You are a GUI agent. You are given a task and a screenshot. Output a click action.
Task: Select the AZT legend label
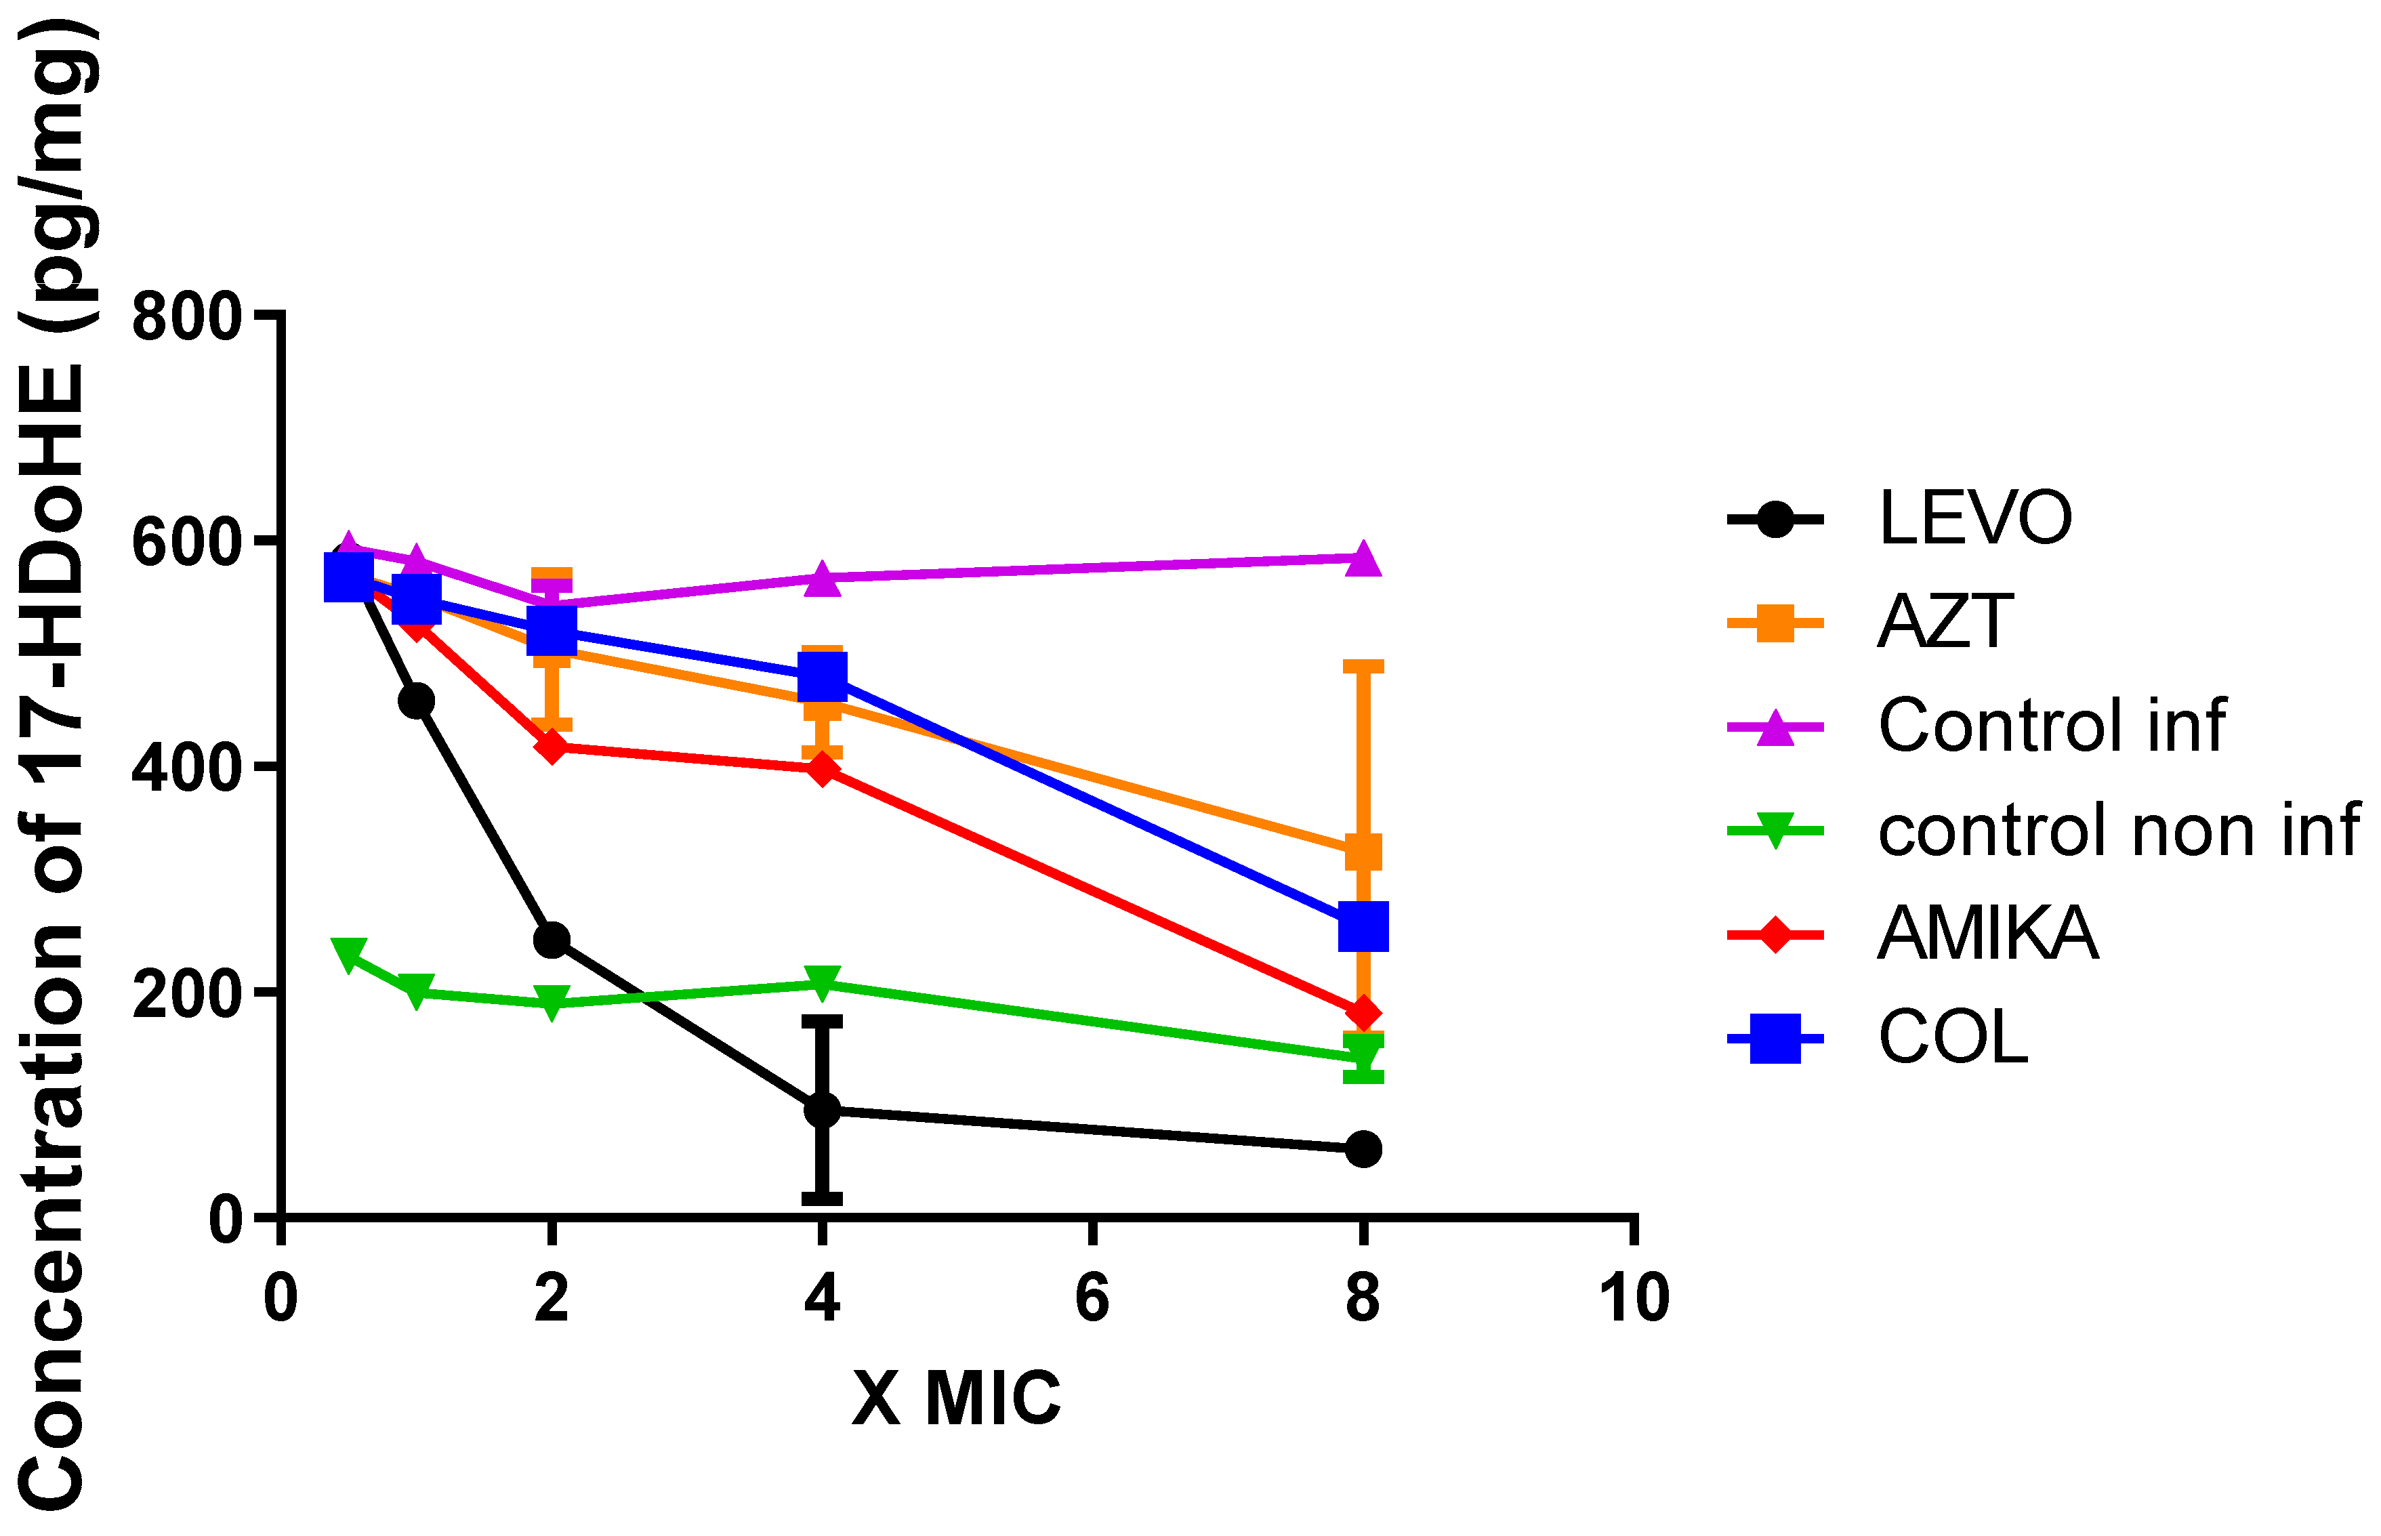pyautogui.click(x=1945, y=623)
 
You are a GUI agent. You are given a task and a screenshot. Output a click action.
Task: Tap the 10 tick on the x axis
pyautogui.click(x=1633, y=1299)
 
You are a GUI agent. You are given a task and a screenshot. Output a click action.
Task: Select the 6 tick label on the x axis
pyautogui.click(x=1092, y=1299)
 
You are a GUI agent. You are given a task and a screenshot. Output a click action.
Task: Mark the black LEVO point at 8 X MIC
pyautogui.click(x=1363, y=1149)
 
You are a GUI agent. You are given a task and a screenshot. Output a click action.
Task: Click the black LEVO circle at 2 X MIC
pyautogui.click(x=551, y=940)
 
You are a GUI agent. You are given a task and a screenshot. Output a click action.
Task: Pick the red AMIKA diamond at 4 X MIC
pyautogui.click(x=822, y=769)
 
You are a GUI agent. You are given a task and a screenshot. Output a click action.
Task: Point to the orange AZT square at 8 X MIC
pyautogui.click(x=1363, y=853)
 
